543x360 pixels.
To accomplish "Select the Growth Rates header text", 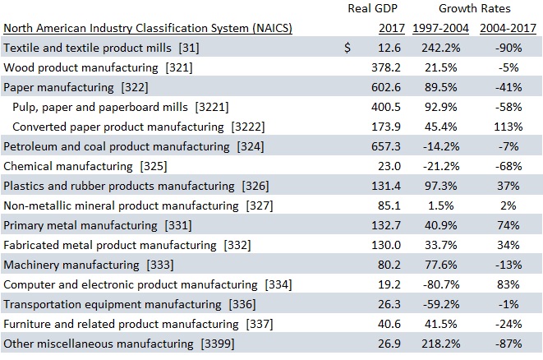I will click(x=475, y=9).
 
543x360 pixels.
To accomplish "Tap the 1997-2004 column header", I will click(x=440, y=29).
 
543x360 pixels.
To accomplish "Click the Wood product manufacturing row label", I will click(x=98, y=67).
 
